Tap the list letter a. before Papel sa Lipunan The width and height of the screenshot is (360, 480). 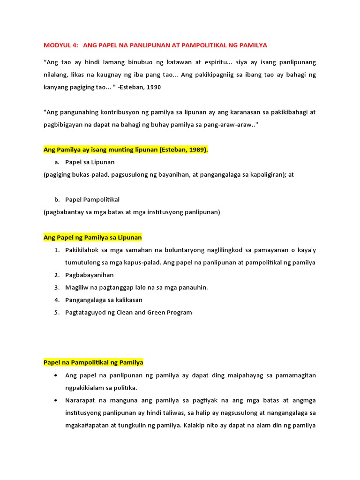[x=57, y=162]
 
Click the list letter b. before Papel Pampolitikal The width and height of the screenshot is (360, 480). [x=57, y=200]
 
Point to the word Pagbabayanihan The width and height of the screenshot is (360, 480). [x=90, y=275]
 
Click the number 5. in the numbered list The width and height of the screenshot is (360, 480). [x=57, y=312]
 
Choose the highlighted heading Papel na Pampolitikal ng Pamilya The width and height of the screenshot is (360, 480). [x=93, y=362]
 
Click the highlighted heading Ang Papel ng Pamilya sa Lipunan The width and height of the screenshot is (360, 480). [x=92, y=237]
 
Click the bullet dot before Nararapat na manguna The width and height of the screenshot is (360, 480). [x=56, y=400]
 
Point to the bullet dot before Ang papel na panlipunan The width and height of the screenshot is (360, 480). [x=56, y=375]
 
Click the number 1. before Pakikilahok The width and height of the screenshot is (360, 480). [x=57, y=250]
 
